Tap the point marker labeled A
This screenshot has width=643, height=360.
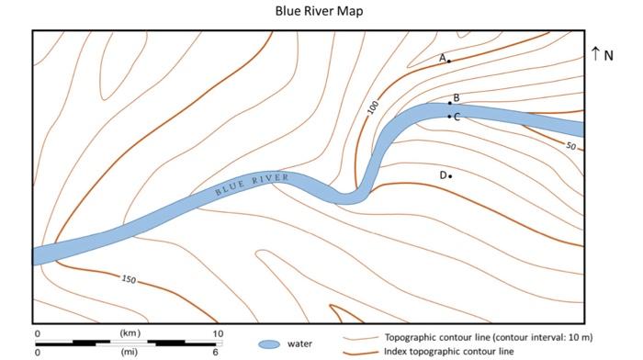pos(449,62)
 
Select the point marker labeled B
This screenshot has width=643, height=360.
pos(449,103)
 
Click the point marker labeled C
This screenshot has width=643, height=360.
pos(449,117)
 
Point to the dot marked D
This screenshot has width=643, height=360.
pos(450,175)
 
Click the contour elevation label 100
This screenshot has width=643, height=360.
pos(373,107)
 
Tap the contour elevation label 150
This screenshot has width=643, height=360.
pos(129,278)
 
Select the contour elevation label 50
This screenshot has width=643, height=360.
pos(570,146)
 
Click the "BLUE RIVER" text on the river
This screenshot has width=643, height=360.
pos(252,185)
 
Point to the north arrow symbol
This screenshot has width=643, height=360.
pos(595,54)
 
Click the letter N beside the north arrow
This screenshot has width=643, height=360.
pos(608,55)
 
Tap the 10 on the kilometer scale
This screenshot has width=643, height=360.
pos(217,332)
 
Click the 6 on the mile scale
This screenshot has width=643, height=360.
pos(217,352)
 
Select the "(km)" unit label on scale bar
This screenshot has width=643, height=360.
pos(130,332)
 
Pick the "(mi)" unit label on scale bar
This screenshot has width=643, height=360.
pos(130,352)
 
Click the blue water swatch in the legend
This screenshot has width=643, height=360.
pos(269,344)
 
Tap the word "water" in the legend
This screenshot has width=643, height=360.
pos(300,344)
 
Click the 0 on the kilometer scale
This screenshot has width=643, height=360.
pos(37,332)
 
